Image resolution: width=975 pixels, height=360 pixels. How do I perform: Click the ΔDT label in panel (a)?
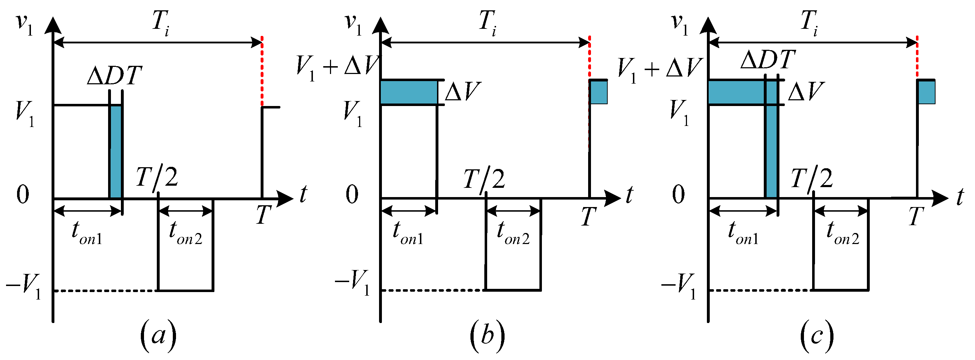[114, 76]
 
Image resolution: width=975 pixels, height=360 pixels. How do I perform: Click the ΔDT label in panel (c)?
[768, 60]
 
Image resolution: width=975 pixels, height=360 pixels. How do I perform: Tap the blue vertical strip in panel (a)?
[116, 152]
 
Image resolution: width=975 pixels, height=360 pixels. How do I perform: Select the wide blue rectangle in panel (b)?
[409, 92]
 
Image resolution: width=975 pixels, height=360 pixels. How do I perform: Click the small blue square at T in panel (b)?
[598, 92]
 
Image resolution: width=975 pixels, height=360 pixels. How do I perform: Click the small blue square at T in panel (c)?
[926, 92]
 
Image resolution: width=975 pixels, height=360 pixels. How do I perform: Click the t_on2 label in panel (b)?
[513, 233]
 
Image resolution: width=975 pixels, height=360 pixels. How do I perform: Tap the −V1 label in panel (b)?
[352, 282]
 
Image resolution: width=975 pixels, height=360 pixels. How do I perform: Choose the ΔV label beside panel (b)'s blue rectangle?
[463, 92]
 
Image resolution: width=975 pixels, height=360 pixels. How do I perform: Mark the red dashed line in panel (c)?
[917, 57]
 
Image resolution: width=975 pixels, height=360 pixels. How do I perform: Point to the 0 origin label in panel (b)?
[352, 195]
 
